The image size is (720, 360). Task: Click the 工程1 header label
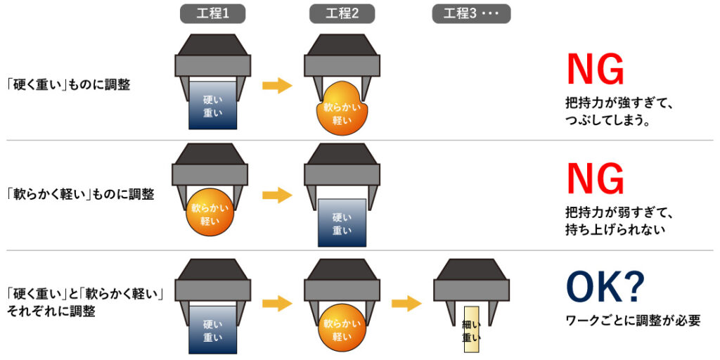(x=212, y=13)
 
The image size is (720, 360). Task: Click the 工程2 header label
(x=342, y=13)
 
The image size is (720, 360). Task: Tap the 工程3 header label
(x=471, y=13)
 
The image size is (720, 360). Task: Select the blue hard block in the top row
(x=212, y=106)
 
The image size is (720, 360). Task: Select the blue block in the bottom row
(x=212, y=330)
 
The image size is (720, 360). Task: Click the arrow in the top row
(x=277, y=85)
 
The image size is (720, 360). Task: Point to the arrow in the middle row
(x=277, y=195)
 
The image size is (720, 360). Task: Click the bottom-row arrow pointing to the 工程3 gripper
(x=406, y=303)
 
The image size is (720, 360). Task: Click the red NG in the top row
(x=595, y=70)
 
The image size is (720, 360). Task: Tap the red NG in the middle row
(x=595, y=179)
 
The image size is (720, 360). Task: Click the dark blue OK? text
(x=605, y=288)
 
